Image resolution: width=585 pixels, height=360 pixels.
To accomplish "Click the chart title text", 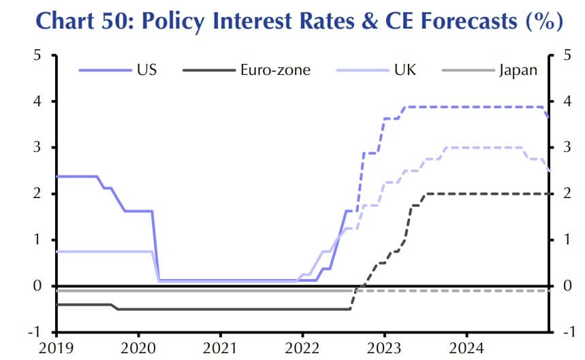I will (x=292, y=22).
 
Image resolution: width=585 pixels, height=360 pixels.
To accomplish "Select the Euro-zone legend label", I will (x=275, y=69).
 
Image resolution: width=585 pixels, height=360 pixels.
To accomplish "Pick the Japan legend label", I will (x=517, y=69).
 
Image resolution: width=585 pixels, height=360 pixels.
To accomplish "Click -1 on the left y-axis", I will (x=33, y=332).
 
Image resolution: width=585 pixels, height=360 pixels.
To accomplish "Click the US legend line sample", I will (x=104, y=69).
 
